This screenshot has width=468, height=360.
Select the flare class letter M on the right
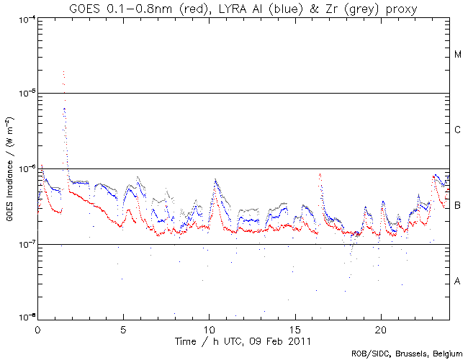458,55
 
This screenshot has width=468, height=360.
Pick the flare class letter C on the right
458,130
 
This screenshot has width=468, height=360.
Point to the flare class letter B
458,206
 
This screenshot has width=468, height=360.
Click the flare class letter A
458,282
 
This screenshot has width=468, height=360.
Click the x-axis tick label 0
38,328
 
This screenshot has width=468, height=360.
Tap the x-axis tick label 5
124,328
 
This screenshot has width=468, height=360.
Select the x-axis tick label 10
209,328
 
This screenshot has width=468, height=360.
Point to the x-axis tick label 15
294,328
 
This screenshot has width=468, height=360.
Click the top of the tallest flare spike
64,72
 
